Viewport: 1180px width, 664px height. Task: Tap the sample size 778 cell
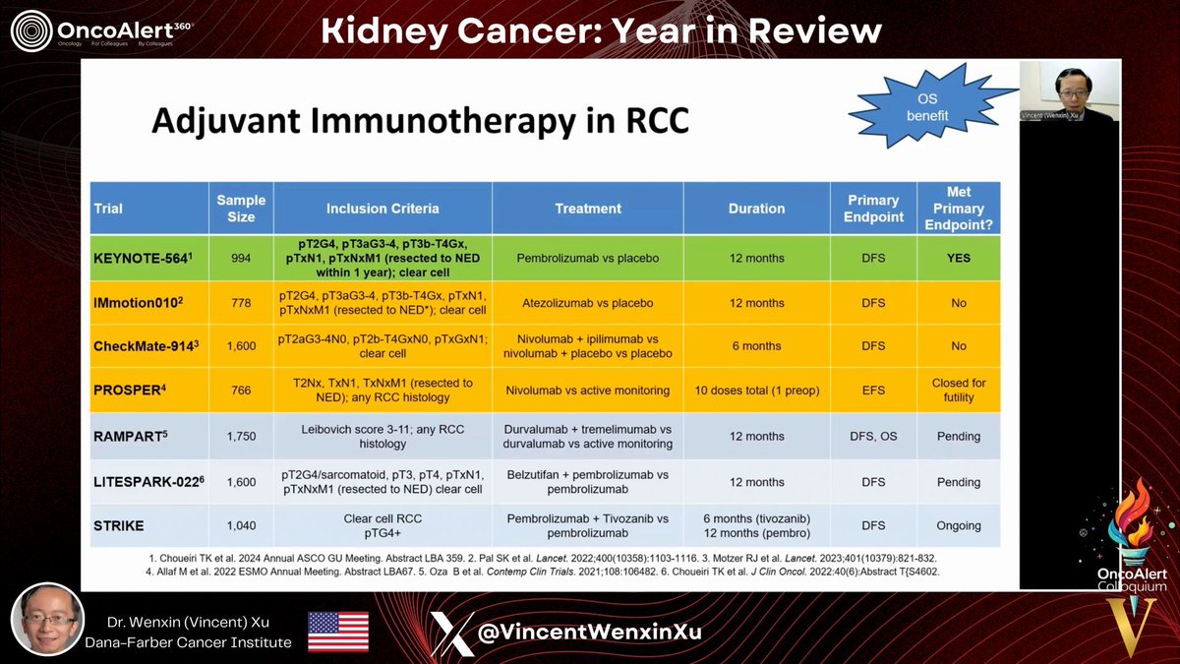pos(241,303)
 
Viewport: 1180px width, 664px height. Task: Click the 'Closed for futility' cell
pos(958,391)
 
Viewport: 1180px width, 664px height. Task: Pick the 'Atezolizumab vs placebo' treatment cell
pos(587,303)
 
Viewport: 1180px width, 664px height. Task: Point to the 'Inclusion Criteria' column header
pos(383,209)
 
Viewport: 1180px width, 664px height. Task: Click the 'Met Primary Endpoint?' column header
pos(958,209)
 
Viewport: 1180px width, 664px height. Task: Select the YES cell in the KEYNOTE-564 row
pos(958,258)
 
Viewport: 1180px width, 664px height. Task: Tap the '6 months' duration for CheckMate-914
pos(756,346)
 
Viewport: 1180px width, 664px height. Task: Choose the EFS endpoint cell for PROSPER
pos(872,391)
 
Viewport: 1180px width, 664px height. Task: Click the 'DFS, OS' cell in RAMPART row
pos(872,436)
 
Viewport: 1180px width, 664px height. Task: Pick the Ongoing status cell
pos(958,526)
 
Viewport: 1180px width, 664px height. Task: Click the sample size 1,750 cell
pos(241,436)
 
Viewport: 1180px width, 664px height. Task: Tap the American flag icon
pos(338,632)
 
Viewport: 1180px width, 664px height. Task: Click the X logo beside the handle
pos(452,632)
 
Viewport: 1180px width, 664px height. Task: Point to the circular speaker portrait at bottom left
pos(46,620)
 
